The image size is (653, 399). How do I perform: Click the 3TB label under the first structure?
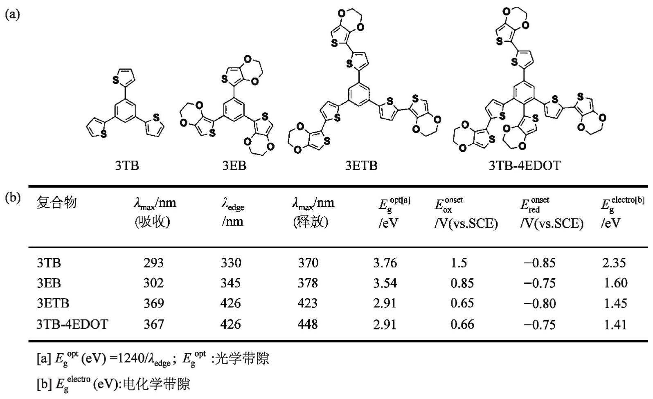click(127, 166)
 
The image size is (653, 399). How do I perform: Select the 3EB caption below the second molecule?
click(234, 166)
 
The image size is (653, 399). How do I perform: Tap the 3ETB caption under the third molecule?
click(361, 166)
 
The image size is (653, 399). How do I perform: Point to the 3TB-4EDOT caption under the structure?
click(525, 166)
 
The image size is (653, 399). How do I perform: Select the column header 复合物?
click(56, 203)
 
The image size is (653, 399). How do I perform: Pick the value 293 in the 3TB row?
click(153, 263)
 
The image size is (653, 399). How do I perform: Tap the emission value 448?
click(308, 325)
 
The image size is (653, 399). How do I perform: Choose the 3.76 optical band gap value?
click(385, 263)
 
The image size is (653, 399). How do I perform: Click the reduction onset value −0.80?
click(539, 304)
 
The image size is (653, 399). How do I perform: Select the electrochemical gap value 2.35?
click(614, 263)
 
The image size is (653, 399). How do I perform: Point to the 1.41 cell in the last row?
click(615, 325)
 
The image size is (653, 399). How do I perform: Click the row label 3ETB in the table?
click(53, 304)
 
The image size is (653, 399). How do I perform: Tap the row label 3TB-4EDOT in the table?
click(72, 325)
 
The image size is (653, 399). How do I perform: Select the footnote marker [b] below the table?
click(43, 384)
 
